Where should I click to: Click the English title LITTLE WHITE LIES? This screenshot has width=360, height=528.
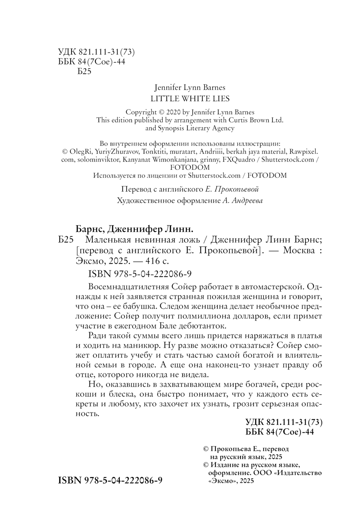click(x=190, y=99)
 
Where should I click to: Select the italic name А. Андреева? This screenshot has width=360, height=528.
click(x=242, y=201)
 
